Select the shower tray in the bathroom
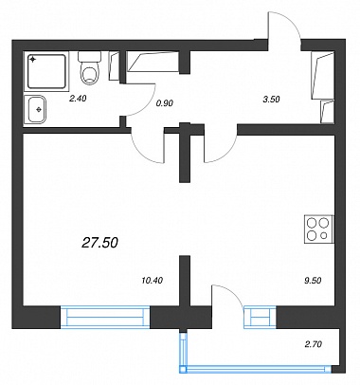(x=46, y=71)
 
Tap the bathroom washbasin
(x=35, y=109)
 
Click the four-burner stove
(x=318, y=229)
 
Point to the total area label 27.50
(x=99, y=243)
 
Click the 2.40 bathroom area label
(x=78, y=99)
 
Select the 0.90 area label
(x=165, y=102)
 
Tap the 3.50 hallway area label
(x=271, y=100)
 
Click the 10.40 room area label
(x=153, y=280)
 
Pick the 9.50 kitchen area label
(x=313, y=281)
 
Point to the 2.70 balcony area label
(x=314, y=344)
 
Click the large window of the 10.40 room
(x=105, y=317)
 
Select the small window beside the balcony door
(x=260, y=317)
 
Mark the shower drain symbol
(x=32, y=59)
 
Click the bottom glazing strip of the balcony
(x=256, y=369)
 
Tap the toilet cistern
(x=89, y=57)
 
